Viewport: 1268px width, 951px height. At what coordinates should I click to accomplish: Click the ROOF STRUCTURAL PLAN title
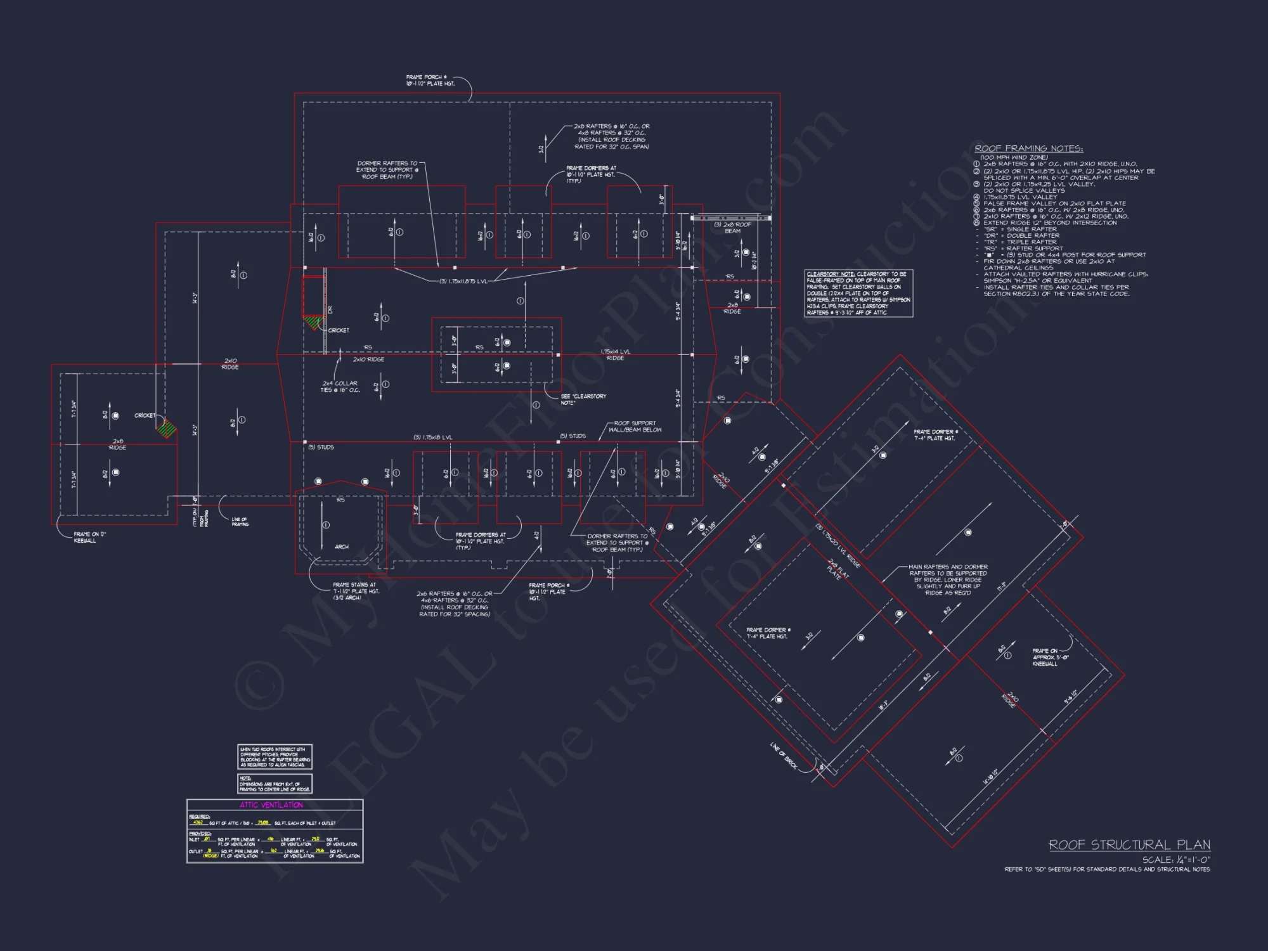1129,844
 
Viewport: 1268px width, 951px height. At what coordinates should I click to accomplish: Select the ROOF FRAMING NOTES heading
1028,148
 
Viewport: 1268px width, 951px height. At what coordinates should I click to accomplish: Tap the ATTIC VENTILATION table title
271,805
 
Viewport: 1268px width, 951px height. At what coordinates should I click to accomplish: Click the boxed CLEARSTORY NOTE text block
858,294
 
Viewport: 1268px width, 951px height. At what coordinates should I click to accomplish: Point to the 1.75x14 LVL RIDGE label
615,355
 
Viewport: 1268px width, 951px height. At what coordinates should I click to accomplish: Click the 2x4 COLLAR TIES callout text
340,387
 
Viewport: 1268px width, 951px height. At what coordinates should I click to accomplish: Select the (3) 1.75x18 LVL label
433,437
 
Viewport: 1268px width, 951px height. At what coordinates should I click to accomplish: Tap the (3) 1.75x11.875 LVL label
463,281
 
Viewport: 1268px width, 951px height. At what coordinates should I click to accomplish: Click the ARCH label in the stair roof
342,547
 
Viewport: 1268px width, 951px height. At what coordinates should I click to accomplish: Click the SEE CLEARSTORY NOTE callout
583,399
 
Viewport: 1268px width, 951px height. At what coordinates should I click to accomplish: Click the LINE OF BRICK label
784,756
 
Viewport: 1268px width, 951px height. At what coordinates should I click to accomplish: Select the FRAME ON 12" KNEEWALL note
89,538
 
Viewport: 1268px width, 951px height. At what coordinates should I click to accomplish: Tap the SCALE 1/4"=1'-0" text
1176,860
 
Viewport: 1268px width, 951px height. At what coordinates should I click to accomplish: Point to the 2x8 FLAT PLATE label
838,569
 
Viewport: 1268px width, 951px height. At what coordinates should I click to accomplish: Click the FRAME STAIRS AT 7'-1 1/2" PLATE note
356,591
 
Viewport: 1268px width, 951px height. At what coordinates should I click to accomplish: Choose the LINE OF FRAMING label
240,522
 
